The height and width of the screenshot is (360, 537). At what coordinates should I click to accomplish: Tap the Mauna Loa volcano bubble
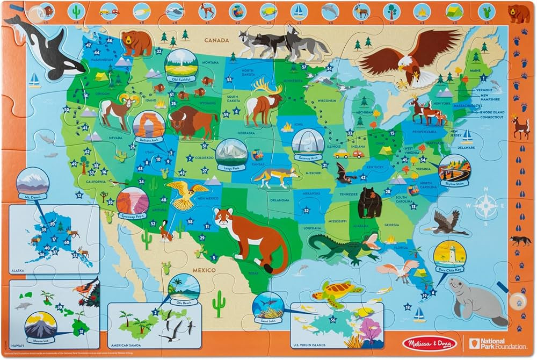click(x=41, y=326)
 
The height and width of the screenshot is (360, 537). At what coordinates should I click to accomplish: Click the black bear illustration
click(x=370, y=201)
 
